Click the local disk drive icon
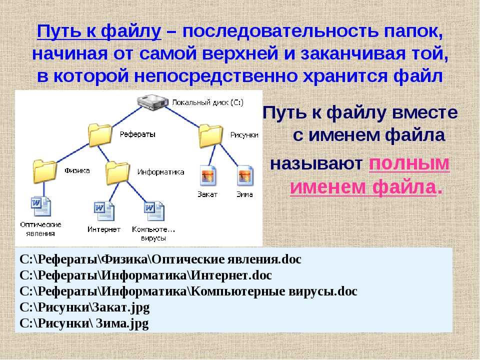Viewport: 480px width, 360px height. [x=152, y=102]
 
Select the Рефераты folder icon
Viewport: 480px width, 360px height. [x=100, y=135]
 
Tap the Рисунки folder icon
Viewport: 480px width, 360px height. [x=210, y=136]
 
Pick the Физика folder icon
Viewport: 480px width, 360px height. [x=44, y=171]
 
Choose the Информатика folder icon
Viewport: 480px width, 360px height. [x=118, y=173]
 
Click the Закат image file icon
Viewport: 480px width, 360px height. [x=208, y=175]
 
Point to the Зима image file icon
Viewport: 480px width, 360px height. [x=245, y=175]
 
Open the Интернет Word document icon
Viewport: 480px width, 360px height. [x=104, y=211]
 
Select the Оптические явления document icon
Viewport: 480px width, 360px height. [x=41, y=206]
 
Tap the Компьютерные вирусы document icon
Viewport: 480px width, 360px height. [x=154, y=211]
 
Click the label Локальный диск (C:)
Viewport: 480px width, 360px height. [x=208, y=102]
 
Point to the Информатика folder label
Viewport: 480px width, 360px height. [x=160, y=172]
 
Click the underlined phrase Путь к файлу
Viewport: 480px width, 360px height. [x=99, y=31]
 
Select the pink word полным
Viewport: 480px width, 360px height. [x=409, y=164]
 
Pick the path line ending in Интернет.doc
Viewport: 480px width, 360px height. [x=145, y=275]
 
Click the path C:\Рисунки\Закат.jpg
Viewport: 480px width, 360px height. [x=84, y=307]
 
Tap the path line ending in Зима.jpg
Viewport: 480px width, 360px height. [x=84, y=323]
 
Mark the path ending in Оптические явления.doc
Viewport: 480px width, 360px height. [x=160, y=259]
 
